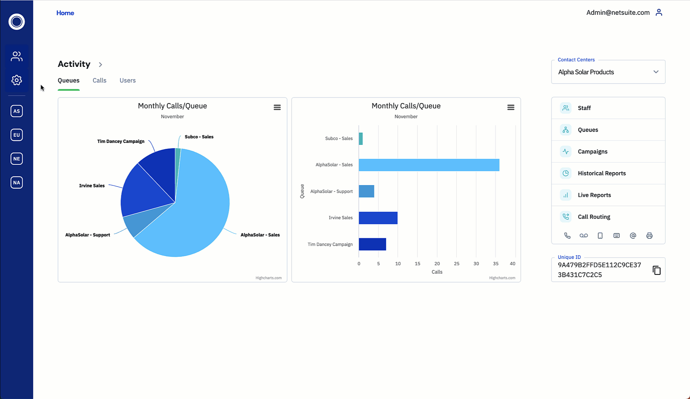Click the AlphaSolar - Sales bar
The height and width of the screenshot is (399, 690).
pyautogui.click(x=429, y=165)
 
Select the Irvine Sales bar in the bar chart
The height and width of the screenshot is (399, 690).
pyautogui.click(x=378, y=218)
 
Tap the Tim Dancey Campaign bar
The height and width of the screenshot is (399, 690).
pyautogui.click(x=372, y=244)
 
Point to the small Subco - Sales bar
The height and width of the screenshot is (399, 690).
pyautogui.click(x=361, y=139)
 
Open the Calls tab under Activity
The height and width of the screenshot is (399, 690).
pyautogui.click(x=99, y=81)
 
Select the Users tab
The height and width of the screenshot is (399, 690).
pyautogui.click(x=128, y=81)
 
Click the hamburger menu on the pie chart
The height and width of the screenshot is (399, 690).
pyautogui.click(x=277, y=108)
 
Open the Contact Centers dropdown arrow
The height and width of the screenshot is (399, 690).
pyautogui.click(x=656, y=72)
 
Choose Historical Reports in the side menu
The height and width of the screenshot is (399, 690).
pyautogui.click(x=602, y=173)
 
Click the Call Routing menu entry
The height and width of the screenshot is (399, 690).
pyautogui.click(x=594, y=217)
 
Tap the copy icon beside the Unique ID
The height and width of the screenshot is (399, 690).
pyautogui.click(x=656, y=270)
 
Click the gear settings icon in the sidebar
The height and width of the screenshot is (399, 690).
pyautogui.click(x=17, y=80)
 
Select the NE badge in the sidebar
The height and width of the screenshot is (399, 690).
pyautogui.click(x=17, y=159)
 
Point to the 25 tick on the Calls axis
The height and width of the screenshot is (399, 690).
pyautogui.click(x=456, y=264)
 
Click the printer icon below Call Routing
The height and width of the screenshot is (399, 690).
pyautogui.click(x=649, y=236)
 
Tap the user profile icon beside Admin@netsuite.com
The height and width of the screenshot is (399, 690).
pyautogui.click(x=659, y=13)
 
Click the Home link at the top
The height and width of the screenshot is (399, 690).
pyautogui.click(x=65, y=13)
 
